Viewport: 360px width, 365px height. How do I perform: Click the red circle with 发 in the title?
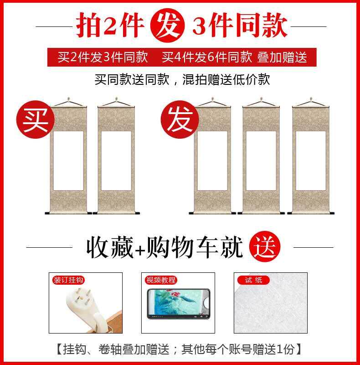pyautogui.click(x=170, y=26)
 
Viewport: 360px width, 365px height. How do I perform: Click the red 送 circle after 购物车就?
pyautogui.click(x=265, y=247)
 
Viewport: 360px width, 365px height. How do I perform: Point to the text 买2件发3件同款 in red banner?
pyautogui.click(x=103, y=57)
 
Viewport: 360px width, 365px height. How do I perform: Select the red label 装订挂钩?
pyautogui.click(x=68, y=280)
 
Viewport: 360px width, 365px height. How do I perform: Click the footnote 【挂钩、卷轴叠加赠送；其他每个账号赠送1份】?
pyautogui.click(x=179, y=349)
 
